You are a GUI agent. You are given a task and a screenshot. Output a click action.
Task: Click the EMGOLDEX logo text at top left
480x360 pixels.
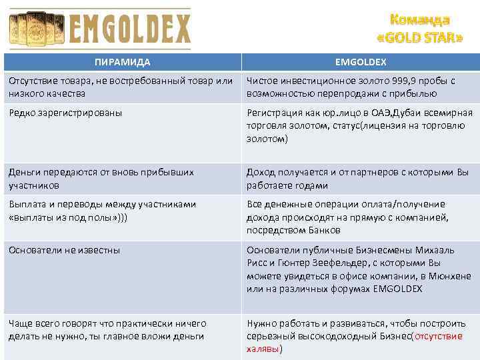[129, 29]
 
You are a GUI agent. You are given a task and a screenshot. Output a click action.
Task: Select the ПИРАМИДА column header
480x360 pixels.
[122, 62]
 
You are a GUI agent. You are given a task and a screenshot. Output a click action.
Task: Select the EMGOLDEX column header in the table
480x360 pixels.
[360, 62]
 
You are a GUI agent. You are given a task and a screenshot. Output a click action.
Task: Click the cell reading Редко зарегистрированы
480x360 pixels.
[65, 113]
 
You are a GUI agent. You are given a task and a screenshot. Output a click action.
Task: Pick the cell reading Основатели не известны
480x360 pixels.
[64, 250]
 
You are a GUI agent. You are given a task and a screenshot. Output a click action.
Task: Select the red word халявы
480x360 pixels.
[263, 349]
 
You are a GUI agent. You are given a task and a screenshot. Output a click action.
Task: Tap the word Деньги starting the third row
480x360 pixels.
[25, 172]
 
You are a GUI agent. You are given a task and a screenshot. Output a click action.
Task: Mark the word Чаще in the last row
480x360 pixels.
[21, 323]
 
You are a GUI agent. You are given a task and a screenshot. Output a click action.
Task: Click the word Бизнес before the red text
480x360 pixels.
[393, 336]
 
